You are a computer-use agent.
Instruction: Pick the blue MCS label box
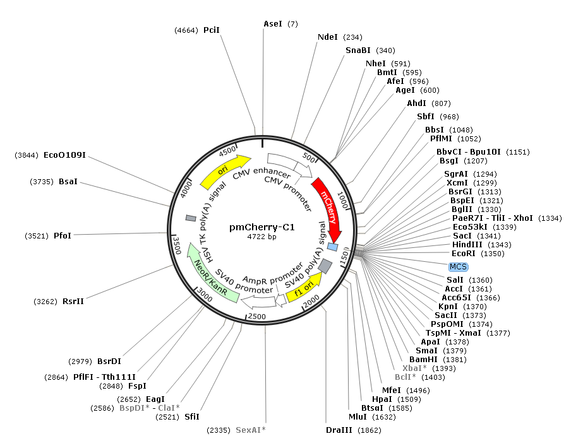pyautogui.click(x=459, y=267)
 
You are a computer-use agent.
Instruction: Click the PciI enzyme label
pyautogui.click(x=211, y=30)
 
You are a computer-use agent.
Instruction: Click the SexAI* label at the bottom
pyautogui.click(x=251, y=430)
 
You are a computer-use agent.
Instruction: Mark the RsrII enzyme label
pyautogui.click(x=73, y=301)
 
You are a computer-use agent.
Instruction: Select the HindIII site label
pyautogui.click(x=464, y=245)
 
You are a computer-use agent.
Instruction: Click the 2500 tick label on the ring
pyautogui.click(x=257, y=315)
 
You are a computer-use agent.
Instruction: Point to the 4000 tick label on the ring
pyautogui.click(x=186, y=188)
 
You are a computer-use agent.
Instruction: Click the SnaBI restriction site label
pyautogui.click(x=359, y=50)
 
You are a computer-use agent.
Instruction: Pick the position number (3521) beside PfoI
pyautogui.click(x=37, y=235)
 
